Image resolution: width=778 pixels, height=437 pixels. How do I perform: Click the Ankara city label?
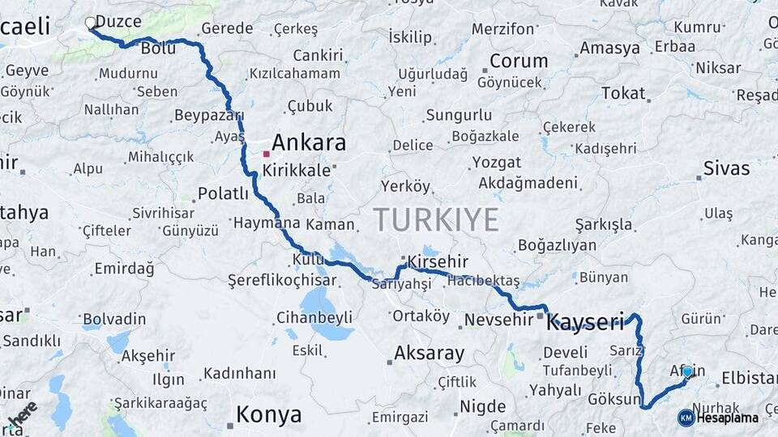tap(309, 143)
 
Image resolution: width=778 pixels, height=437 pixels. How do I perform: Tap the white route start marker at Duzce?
tap(90, 23)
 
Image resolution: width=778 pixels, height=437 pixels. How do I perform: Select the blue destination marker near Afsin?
tap(687, 372)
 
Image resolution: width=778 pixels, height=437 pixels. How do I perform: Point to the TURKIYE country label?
tap(436, 219)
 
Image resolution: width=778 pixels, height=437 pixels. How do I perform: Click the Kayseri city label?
tap(585, 323)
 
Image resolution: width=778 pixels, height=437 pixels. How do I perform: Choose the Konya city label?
tap(269, 415)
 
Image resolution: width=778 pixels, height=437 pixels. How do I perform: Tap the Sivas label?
tap(726, 169)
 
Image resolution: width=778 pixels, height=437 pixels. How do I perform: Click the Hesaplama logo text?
tap(729, 418)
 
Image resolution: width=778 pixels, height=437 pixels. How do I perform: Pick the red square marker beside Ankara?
tap(266, 153)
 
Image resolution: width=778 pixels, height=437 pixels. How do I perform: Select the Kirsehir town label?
tap(438, 262)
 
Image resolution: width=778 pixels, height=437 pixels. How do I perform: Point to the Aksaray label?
tap(429, 353)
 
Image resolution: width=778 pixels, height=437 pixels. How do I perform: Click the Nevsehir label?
tap(498, 320)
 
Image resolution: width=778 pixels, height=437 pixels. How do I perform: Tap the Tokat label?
tap(623, 93)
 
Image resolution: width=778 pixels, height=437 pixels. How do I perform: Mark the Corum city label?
tap(519, 61)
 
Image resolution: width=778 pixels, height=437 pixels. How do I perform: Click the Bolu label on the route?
tap(158, 49)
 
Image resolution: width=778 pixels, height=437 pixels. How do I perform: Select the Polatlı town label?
tap(223, 193)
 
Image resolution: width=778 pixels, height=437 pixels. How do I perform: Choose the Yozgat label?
tap(497, 162)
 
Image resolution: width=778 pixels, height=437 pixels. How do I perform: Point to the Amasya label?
tap(609, 49)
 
